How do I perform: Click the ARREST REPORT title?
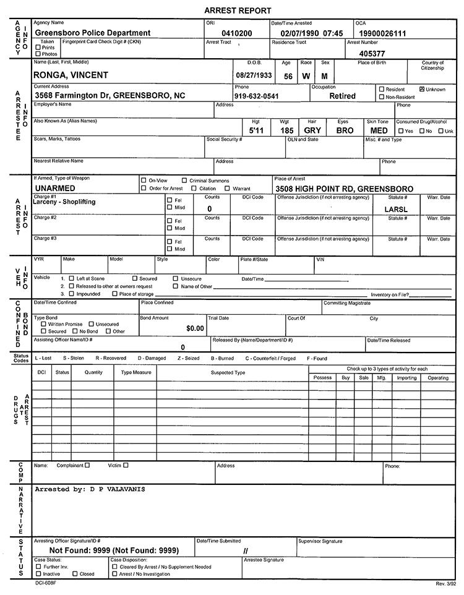tap(238, 11)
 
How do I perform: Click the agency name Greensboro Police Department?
tap(93, 33)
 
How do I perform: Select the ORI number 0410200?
tap(237, 33)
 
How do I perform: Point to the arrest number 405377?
tap(372, 54)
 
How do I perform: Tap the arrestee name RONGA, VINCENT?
tap(71, 75)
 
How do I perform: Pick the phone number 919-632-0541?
tap(257, 96)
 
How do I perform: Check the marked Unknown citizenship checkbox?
tap(422, 89)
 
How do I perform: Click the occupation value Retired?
tap(342, 96)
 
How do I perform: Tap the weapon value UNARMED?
tap(55, 188)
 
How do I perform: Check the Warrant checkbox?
tap(227, 188)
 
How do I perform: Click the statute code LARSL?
tap(396, 209)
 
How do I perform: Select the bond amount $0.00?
tap(195, 328)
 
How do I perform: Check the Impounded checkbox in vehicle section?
tap(71, 294)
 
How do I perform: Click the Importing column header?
tap(406, 377)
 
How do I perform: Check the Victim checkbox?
tap(126, 465)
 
